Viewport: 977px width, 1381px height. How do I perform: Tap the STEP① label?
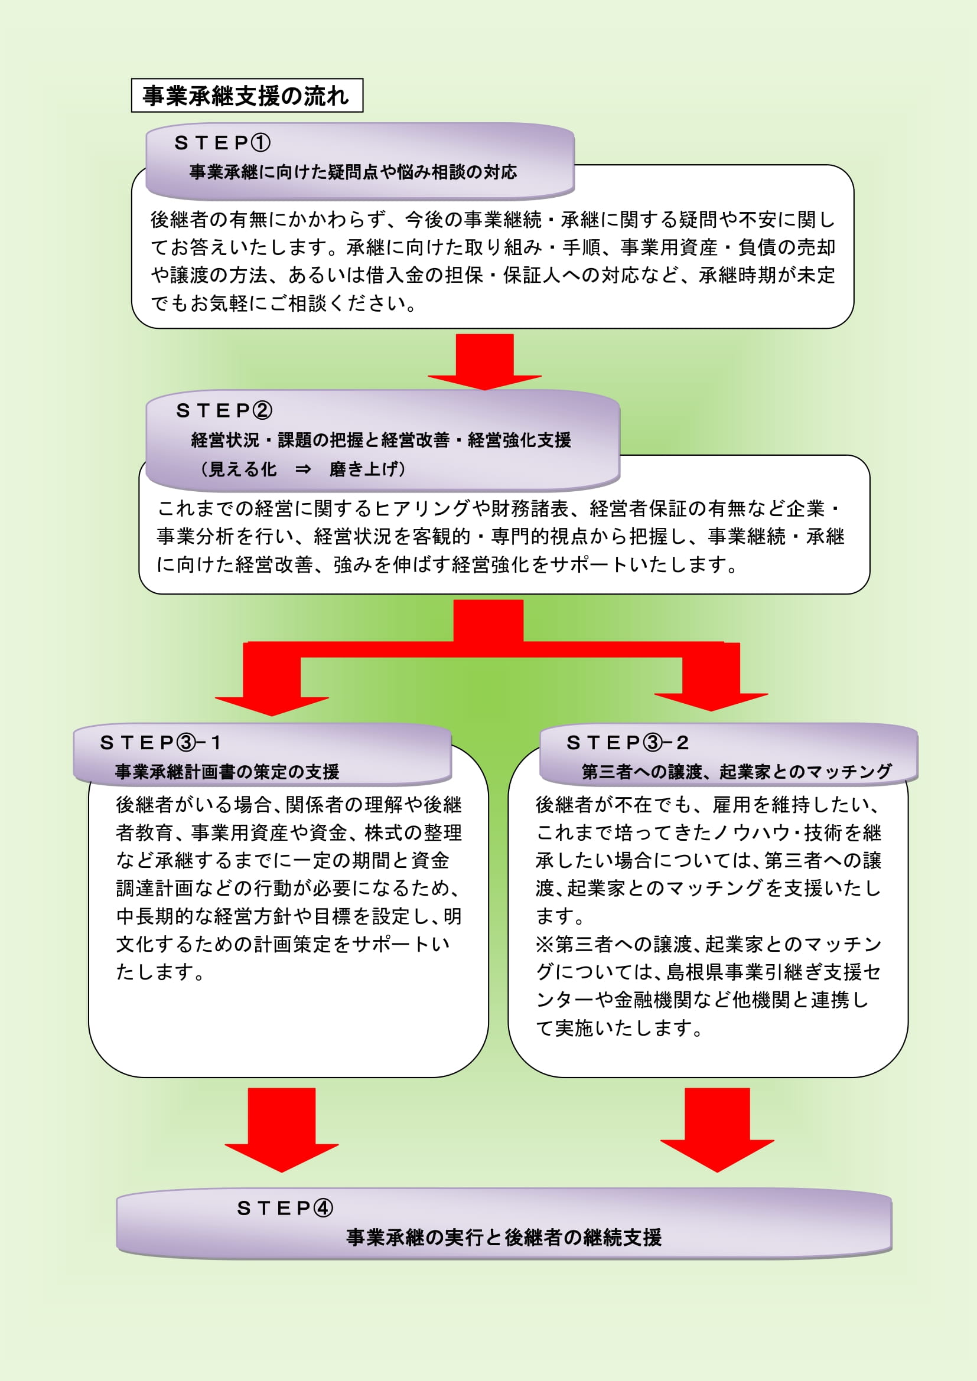pos(223,142)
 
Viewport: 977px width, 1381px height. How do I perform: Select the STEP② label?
pos(224,410)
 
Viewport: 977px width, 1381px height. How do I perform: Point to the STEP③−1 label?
pos(161,743)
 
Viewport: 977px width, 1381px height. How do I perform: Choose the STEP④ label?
pos(285,1208)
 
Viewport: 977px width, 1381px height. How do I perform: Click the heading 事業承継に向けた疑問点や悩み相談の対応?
pos(353,172)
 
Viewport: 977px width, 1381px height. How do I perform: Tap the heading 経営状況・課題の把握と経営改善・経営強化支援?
pos(381,440)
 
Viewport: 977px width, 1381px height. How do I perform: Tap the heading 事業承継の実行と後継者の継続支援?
pos(504,1238)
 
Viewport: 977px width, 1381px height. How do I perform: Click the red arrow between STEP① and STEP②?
pos(485,361)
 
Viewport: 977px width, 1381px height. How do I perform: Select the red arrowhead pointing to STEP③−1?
pos(272,706)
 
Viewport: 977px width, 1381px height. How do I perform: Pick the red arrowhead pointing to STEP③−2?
pos(711,702)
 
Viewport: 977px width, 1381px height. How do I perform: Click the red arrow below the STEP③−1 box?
pos(282,1129)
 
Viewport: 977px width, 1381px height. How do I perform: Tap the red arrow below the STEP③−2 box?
pos(717,1129)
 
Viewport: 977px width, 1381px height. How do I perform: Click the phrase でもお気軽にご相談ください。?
pos(284,302)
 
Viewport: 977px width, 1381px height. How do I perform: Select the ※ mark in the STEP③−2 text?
pos(545,943)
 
